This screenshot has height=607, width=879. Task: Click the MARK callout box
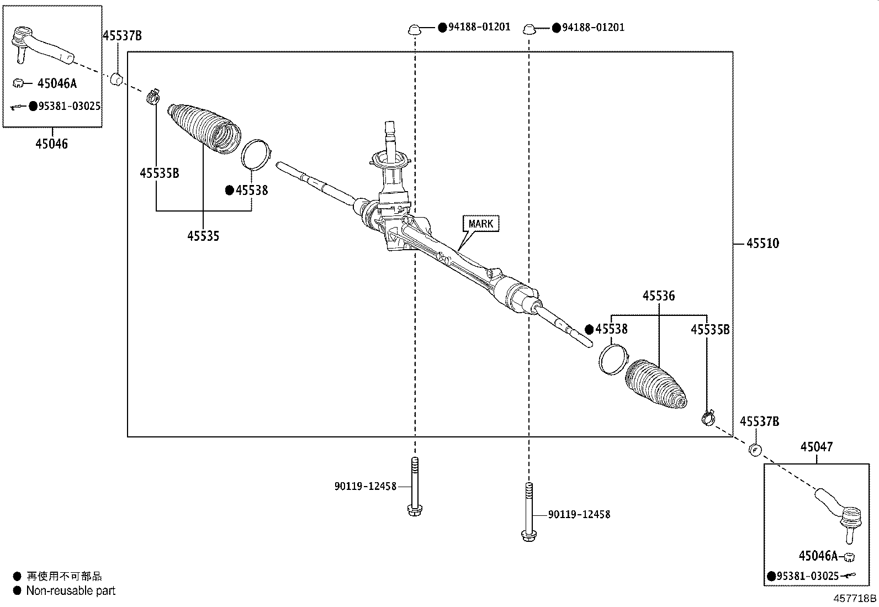point(480,224)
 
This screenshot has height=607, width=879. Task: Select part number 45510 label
point(762,244)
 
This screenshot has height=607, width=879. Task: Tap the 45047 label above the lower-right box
point(817,447)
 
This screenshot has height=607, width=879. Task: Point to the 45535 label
point(203,236)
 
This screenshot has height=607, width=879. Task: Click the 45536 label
point(658,296)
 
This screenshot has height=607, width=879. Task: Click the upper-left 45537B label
point(122,36)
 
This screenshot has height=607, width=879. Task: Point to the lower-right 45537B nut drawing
point(755,450)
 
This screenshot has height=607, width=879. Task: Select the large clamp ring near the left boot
point(256,153)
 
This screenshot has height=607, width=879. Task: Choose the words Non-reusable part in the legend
point(71,590)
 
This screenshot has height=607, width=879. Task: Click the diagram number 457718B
point(855,598)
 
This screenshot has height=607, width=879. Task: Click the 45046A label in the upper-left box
point(57,84)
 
